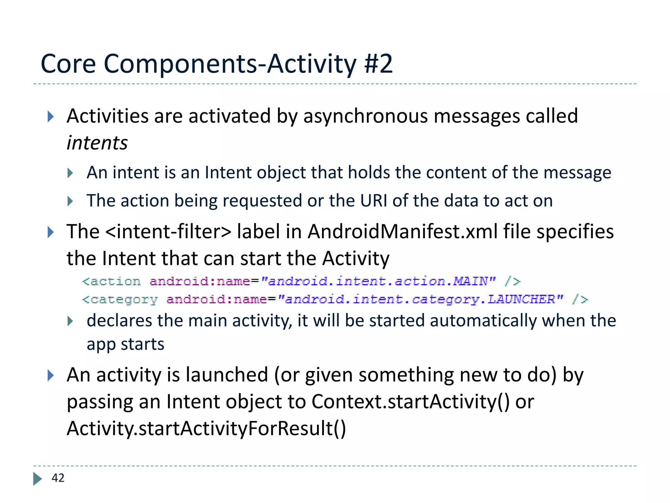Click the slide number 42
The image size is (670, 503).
coord(58,478)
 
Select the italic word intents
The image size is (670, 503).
coord(97,143)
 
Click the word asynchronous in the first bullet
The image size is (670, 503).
coord(365,116)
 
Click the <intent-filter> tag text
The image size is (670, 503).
coord(168,232)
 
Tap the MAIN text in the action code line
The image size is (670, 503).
coord(470,281)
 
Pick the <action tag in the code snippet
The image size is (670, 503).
coord(111,281)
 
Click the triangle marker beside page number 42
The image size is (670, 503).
coord(37,478)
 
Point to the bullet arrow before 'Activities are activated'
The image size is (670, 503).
coord(50,117)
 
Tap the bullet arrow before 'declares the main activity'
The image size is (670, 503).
coord(70,321)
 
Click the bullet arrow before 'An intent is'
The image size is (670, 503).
coord(70,173)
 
